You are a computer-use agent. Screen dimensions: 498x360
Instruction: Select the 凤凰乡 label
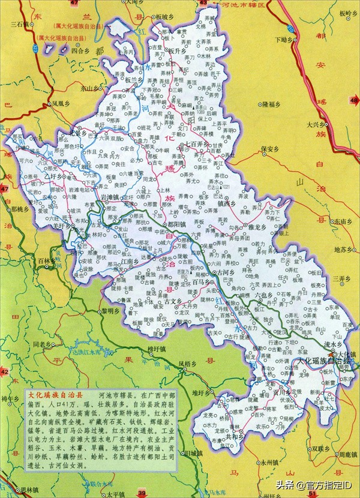click(62, 103)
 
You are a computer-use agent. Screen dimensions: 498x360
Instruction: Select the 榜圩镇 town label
click(158, 347)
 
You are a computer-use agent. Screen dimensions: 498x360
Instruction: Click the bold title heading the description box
click(58, 395)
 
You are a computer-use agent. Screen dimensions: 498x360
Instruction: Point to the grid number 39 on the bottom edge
click(142, 493)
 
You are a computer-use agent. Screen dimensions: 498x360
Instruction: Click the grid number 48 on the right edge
click(354, 100)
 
